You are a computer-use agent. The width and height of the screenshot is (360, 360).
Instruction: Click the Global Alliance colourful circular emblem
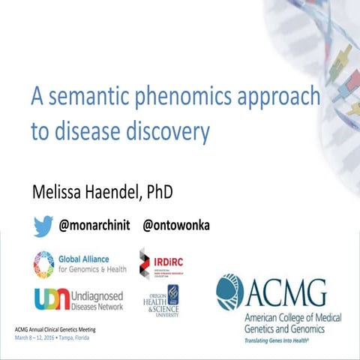click(44, 263)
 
